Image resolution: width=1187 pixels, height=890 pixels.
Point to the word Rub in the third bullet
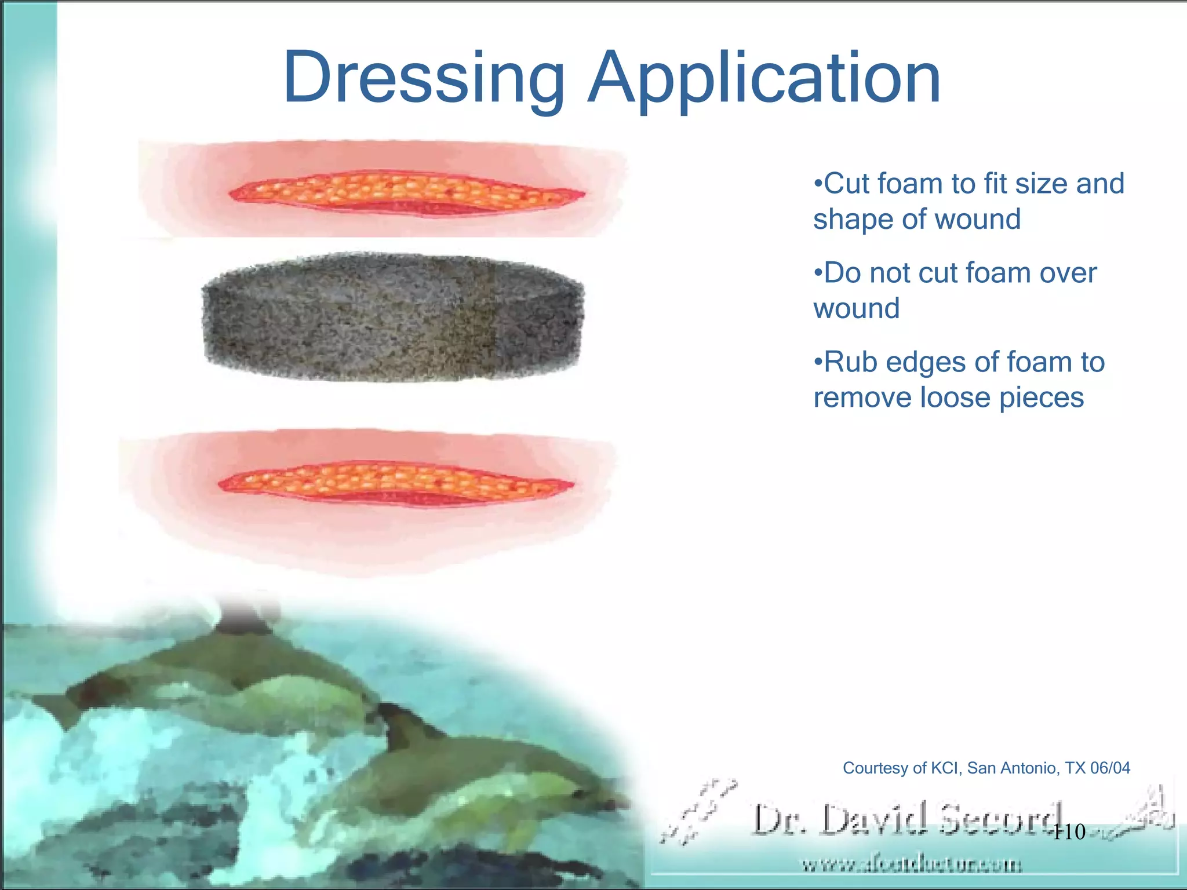point(849,362)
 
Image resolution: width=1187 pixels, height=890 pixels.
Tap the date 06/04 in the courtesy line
point(1110,768)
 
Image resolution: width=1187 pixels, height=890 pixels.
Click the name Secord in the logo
point(1000,820)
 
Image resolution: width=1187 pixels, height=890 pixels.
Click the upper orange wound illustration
point(406,191)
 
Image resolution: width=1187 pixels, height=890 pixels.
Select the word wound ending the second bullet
point(856,309)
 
